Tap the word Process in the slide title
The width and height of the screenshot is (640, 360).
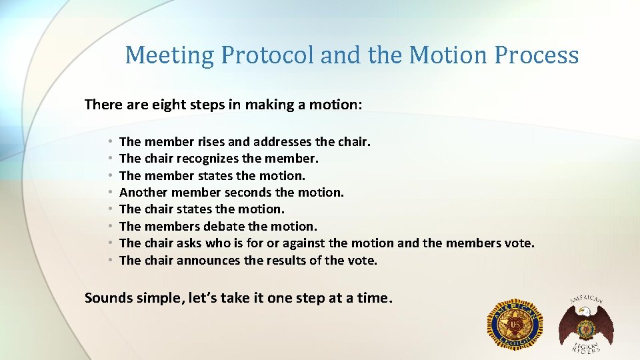[537, 55]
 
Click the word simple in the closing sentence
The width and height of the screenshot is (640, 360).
[154, 298]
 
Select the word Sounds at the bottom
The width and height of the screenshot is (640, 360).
[107, 298]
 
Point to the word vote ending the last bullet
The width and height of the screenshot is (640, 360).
[363, 261]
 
